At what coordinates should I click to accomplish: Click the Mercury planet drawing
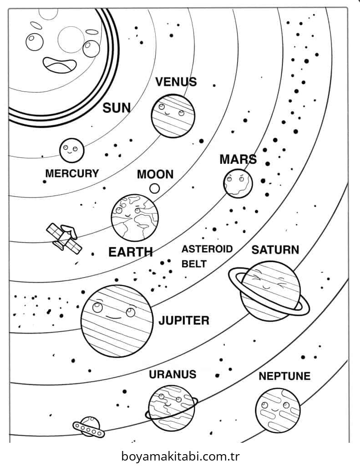[x=71, y=150]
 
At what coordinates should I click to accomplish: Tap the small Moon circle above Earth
[x=155, y=188]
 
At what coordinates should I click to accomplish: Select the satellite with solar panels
[x=64, y=238]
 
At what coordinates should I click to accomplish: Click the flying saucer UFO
[x=89, y=427]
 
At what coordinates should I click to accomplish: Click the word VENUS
[x=176, y=82]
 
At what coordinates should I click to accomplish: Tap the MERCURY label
[x=72, y=173]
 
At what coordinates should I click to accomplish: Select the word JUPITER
[x=184, y=320]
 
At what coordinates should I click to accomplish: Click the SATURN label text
[x=275, y=250]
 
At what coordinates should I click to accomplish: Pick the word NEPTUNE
[x=284, y=376]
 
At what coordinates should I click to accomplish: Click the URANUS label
[x=172, y=375]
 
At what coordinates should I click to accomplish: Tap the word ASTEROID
[x=207, y=249]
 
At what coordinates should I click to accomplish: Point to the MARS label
[x=238, y=160]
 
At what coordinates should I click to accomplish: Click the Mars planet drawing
[x=238, y=183]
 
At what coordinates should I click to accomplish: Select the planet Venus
[x=173, y=116]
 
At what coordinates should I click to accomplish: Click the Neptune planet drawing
[x=278, y=410]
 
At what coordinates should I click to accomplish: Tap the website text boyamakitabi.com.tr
[x=180, y=456]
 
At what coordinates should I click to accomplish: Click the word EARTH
[x=131, y=252]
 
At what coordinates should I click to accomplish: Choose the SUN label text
[x=117, y=107]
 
